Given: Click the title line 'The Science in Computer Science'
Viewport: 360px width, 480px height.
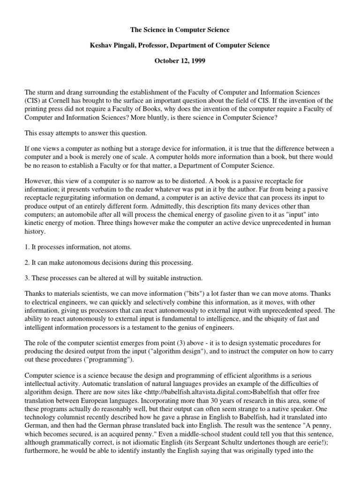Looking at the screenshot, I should [x=180, y=30].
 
